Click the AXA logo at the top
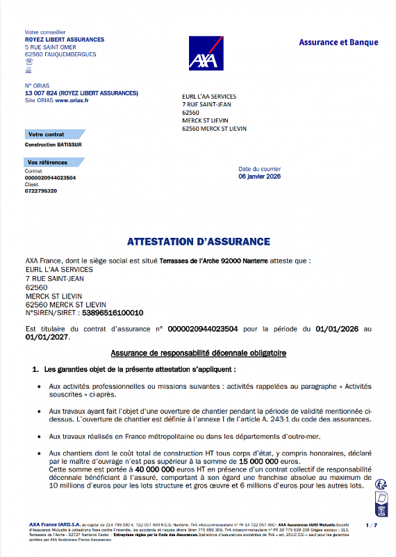point(206,53)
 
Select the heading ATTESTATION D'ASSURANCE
point(198,241)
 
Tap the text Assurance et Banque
point(339,42)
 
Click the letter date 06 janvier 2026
point(259,176)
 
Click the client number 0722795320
point(41,191)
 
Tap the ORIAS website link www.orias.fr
point(72,100)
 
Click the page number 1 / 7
point(372,525)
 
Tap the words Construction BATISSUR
point(53,144)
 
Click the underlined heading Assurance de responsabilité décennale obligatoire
point(198,353)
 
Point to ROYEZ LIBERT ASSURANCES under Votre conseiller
point(64,39)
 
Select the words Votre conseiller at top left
point(45,32)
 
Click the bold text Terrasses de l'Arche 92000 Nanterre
point(213,261)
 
